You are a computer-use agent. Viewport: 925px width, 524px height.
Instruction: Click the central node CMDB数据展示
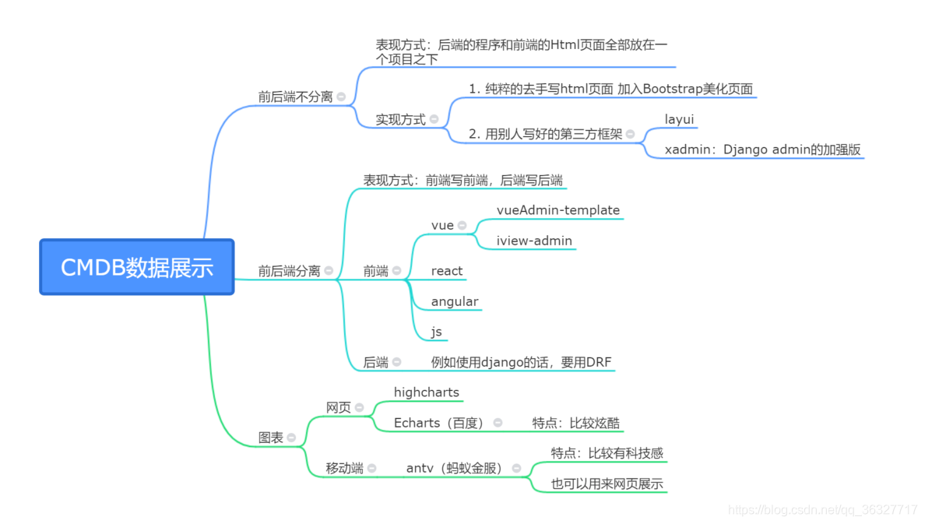[x=137, y=267]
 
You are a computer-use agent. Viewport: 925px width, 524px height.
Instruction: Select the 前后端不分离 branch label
[x=295, y=97]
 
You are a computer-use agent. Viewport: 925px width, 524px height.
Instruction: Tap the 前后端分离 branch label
[x=289, y=271]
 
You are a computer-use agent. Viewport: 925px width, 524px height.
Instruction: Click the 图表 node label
[x=271, y=438]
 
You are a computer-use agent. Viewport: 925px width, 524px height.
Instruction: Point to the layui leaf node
[x=679, y=120]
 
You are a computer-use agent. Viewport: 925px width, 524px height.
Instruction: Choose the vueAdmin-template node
[x=557, y=210]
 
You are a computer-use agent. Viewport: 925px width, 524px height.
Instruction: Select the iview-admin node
[x=534, y=241]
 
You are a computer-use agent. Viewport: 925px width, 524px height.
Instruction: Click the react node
[x=447, y=271]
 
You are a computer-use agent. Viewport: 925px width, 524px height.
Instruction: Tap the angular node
[x=455, y=301]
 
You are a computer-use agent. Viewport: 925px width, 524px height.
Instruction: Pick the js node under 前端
[x=436, y=332]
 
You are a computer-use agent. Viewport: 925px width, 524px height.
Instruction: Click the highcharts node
[x=427, y=392]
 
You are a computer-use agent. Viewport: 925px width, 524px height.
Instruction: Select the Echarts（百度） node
[x=439, y=423]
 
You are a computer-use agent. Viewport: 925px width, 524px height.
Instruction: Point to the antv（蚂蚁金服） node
[x=454, y=468]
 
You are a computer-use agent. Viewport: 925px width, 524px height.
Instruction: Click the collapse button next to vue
[x=462, y=226]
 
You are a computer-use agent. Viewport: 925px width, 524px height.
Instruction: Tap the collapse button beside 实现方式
[x=434, y=120]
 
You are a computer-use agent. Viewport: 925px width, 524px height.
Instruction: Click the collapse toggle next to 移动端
[x=372, y=469]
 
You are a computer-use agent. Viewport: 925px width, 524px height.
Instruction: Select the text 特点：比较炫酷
[x=575, y=423]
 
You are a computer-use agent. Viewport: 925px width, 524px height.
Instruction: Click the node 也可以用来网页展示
[x=607, y=484]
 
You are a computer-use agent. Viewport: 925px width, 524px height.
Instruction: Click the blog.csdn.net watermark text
[x=822, y=510]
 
